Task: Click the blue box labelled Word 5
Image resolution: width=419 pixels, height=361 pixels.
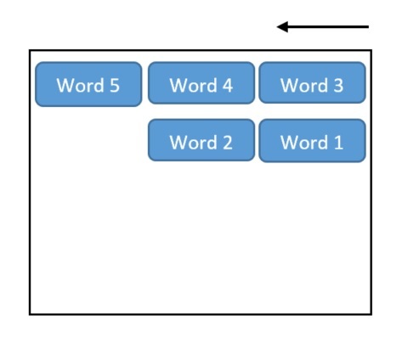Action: [88, 84]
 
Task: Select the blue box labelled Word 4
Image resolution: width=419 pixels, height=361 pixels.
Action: [201, 83]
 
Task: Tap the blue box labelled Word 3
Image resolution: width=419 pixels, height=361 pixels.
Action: [312, 82]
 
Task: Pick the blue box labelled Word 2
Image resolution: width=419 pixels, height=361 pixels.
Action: [201, 140]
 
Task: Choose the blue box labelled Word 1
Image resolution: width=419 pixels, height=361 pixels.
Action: [312, 141]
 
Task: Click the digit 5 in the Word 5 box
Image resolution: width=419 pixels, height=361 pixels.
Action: [115, 85]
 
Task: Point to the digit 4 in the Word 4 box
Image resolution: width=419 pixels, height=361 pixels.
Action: [228, 85]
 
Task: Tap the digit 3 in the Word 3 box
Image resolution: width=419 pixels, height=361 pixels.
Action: [338, 85]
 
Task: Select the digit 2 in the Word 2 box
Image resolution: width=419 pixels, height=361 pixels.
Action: [228, 142]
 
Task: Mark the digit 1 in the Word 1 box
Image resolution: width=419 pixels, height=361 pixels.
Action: [338, 142]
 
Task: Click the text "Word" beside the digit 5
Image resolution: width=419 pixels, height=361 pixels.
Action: [81, 85]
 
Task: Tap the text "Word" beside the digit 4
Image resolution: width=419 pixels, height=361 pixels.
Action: [194, 85]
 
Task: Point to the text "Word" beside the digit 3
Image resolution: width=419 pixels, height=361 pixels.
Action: [304, 85]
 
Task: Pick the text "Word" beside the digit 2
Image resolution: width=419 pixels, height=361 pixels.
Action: [194, 142]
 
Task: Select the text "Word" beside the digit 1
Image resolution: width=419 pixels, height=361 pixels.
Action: [304, 142]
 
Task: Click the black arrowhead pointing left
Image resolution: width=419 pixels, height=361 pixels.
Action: [282, 27]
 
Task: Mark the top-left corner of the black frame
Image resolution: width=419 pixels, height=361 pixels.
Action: [30, 50]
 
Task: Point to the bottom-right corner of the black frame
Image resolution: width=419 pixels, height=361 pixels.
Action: [371, 314]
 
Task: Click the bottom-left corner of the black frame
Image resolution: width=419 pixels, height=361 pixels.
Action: [30, 314]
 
